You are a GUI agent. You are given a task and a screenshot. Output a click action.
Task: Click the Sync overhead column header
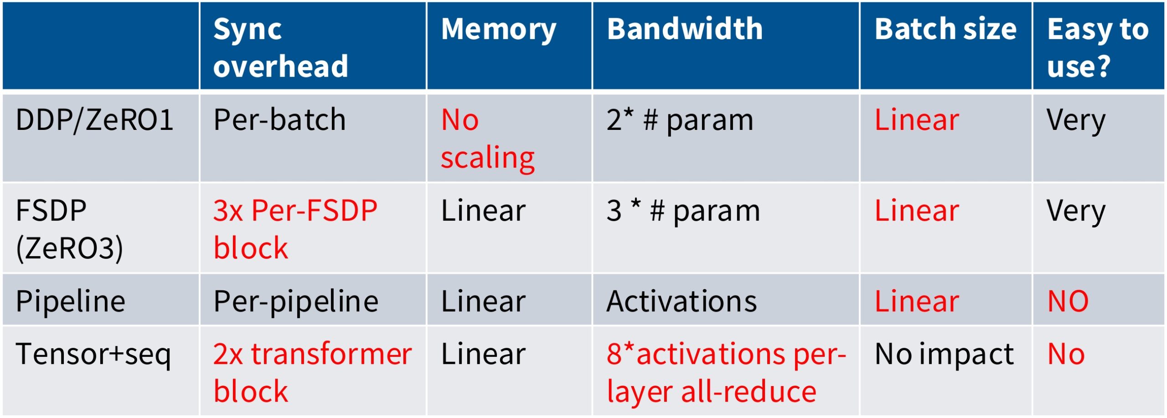tap(280, 47)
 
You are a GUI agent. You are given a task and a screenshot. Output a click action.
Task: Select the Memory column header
tap(498, 30)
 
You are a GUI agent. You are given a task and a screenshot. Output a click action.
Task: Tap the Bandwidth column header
tap(684, 29)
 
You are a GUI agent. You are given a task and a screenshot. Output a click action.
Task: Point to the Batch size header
tap(945, 29)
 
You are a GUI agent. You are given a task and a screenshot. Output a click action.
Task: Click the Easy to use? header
tap(1097, 47)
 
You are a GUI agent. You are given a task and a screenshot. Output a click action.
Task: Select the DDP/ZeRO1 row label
tap(94, 120)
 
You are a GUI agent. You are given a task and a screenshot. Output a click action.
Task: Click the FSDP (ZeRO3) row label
tap(69, 229)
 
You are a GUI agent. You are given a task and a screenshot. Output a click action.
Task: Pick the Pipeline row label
tap(70, 301)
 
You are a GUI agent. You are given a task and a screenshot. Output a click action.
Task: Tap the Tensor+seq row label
tap(93, 354)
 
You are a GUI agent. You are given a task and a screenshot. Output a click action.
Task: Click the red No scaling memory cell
tap(487, 139)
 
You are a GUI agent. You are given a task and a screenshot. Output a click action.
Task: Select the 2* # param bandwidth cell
tap(679, 120)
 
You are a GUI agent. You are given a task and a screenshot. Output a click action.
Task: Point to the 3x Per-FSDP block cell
tap(295, 229)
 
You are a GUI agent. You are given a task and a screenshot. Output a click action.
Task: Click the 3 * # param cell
tap(683, 211)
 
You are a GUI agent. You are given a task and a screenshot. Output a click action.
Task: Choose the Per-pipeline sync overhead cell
tap(295, 301)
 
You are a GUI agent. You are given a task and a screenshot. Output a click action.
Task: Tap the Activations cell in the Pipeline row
tap(681, 301)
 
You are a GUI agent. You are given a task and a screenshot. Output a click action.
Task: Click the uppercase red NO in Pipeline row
tap(1068, 301)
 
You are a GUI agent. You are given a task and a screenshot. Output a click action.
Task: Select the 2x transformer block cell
tap(312, 372)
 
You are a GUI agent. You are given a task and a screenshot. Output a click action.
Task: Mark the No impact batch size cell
tap(944, 354)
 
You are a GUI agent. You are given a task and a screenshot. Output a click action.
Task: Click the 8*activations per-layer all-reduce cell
tap(725, 372)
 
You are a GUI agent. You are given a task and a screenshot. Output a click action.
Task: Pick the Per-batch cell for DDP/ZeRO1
tap(279, 120)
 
